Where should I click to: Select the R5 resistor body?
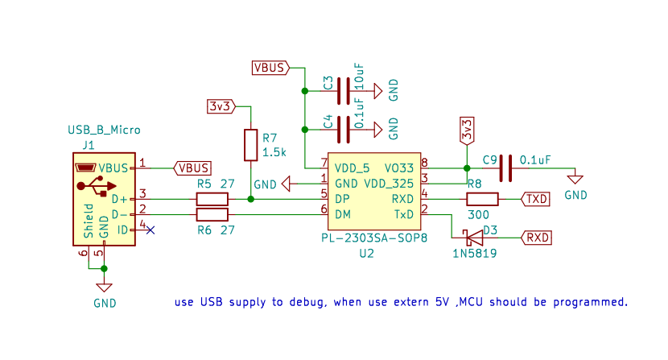click(212, 199)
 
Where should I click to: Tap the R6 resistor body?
click(212, 214)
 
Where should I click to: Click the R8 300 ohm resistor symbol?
click(482, 199)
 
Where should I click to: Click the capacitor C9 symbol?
click(505, 168)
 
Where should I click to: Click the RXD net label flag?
click(537, 237)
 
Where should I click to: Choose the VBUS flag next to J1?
click(192, 168)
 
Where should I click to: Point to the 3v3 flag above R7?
click(221, 106)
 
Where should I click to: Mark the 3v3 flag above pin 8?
click(467, 128)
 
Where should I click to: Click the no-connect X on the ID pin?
click(150, 230)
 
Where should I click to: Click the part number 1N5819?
click(474, 253)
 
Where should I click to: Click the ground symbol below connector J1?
click(104, 287)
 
